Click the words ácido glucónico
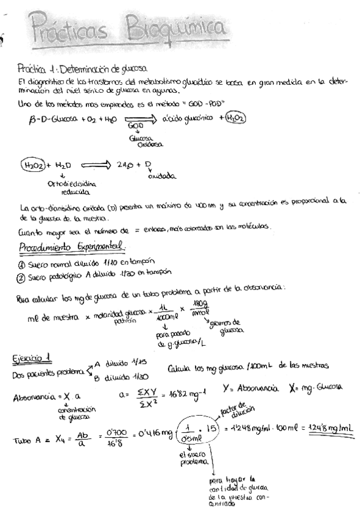pos(186,118)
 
